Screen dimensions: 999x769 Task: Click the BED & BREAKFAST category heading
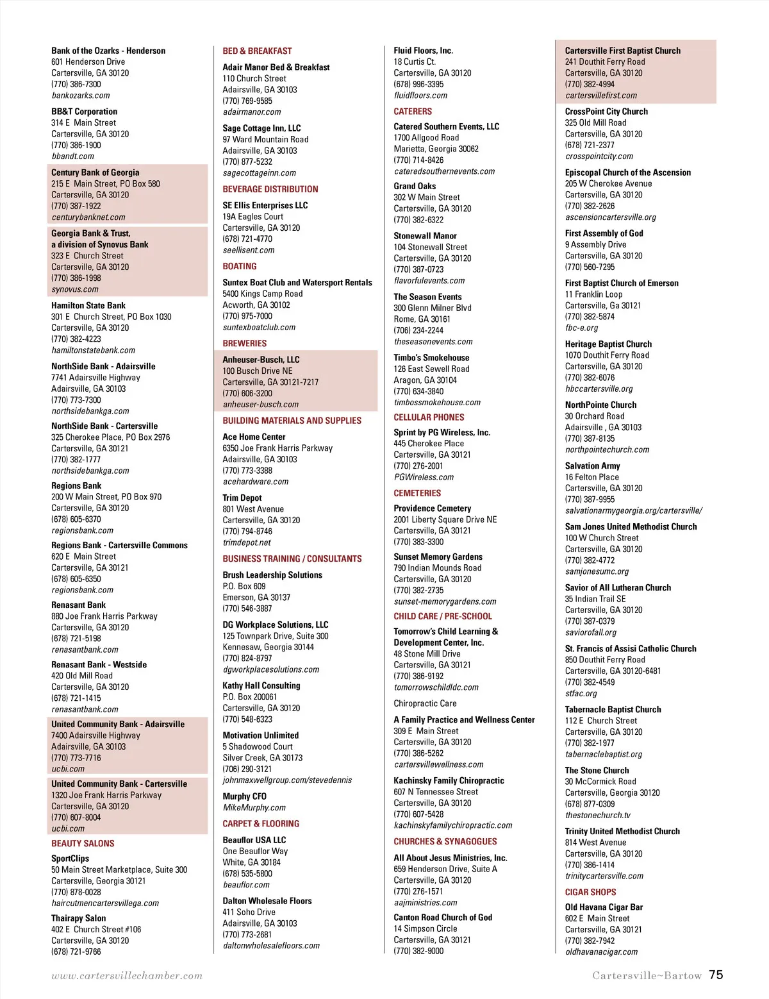257,51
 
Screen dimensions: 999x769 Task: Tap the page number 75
716,975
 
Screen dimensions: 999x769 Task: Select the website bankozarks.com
81,96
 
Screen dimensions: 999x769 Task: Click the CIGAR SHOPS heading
590,892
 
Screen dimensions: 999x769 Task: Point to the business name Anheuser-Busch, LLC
261,360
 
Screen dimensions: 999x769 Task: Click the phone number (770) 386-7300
76,84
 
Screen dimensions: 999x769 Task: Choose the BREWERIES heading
244,344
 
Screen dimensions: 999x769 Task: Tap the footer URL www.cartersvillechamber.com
127,976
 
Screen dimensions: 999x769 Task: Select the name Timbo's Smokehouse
431,358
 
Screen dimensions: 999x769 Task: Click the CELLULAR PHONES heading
429,417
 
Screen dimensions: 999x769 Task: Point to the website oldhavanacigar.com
601,952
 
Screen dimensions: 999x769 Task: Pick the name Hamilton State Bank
88,306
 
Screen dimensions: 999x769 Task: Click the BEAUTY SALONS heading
83,844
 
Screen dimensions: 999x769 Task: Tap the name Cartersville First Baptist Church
622,51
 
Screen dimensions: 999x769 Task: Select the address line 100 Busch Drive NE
258,371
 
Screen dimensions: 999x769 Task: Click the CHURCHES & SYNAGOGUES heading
445,842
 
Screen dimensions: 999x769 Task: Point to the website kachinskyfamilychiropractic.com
453,826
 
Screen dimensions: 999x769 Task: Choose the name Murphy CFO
244,796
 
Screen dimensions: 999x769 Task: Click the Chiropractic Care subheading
425,703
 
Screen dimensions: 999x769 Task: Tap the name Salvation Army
592,466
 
